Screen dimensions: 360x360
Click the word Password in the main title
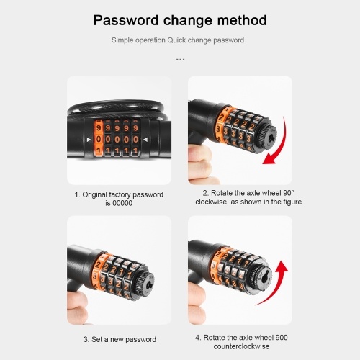tap(126, 20)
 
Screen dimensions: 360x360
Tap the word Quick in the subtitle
tap(176, 40)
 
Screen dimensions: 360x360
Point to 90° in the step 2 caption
tap(289, 193)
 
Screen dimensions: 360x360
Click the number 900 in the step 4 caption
tap(282, 338)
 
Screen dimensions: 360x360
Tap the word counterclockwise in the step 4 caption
tap(241, 346)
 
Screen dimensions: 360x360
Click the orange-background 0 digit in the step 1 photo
tap(99, 139)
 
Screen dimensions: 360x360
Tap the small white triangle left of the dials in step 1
tap(89, 140)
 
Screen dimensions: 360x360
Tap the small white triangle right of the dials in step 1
tap(145, 140)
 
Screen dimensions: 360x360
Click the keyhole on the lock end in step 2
tap(272, 137)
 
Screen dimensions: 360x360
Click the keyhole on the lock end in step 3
tap(149, 286)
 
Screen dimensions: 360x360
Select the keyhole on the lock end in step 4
tap(264, 279)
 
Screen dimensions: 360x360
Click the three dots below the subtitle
tap(180, 60)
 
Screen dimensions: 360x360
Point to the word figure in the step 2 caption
tap(292, 202)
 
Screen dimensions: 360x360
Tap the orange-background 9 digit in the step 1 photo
tap(99, 128)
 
